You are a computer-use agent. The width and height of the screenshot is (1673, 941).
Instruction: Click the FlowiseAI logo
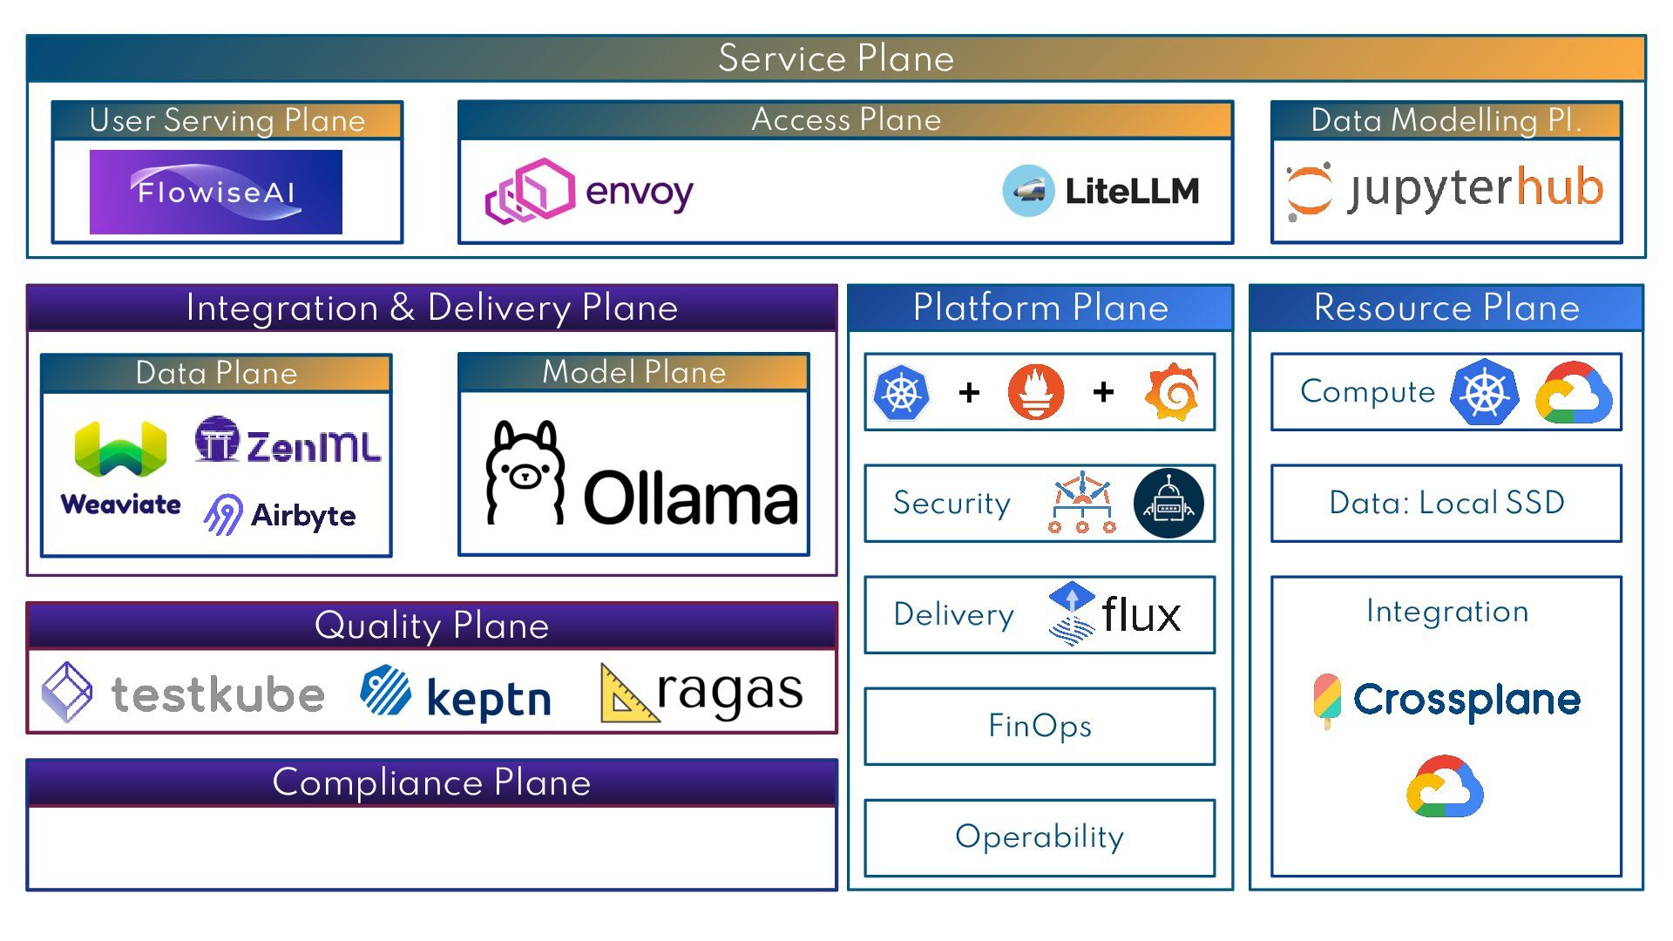[215, 192]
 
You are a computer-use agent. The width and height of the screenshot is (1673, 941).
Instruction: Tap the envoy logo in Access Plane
[589, 191]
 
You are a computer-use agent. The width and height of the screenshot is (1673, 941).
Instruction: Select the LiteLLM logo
[1101, 191]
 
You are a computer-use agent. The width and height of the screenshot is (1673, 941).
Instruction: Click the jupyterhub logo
[1446, 189]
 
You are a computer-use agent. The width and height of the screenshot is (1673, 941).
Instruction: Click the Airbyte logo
[280, 515]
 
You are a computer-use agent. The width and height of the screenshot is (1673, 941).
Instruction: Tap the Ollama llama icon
[525, 473]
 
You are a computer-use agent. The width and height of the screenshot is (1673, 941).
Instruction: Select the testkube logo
[184, 694]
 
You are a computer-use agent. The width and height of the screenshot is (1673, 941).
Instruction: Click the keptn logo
[455, 695]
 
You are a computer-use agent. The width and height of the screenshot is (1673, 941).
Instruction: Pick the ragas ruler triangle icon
[627, 694]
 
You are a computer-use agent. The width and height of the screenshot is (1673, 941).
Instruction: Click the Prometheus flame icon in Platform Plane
[1036, 392]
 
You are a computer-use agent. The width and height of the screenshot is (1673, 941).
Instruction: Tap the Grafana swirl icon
[1172, 392]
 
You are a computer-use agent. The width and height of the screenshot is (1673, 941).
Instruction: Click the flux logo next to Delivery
[1116, 614]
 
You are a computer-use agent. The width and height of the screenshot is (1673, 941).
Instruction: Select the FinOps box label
[1040, 726]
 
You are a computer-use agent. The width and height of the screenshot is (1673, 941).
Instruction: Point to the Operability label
[1040, 836]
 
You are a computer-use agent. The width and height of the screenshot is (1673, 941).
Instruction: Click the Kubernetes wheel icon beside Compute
[1485, 392]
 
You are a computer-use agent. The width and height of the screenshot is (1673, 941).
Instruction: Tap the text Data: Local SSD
[1446, 503]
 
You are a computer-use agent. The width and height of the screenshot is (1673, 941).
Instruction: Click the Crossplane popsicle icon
[1327, 700]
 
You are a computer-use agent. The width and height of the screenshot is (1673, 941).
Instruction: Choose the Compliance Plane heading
[431, 782]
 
